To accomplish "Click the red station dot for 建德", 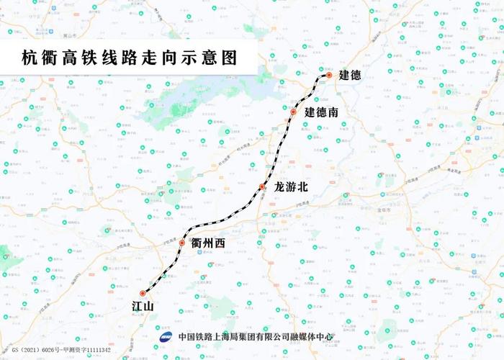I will [328, 75].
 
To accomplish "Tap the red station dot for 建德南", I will [294, 112].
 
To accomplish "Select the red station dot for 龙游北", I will [263, 187].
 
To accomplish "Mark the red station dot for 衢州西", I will [182, 243].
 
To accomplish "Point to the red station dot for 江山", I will [143, 294].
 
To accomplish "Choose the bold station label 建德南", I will [321, 112].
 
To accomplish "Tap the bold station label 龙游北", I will [291, 187].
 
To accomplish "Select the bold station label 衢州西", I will [209, 244].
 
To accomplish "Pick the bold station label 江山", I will [143, 307].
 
